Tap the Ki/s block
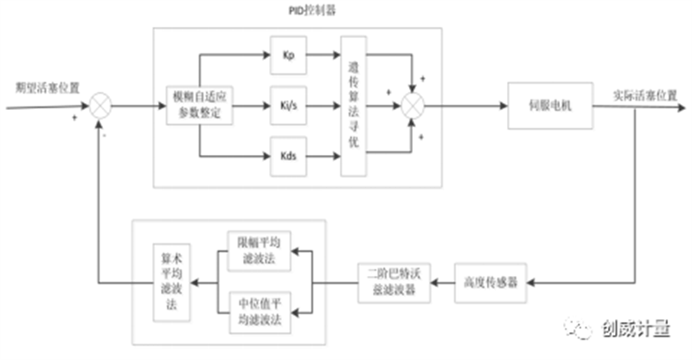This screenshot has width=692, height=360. pos(288,106)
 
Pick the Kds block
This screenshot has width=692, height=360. pos(288,157)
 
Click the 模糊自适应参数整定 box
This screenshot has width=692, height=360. pos(200,106)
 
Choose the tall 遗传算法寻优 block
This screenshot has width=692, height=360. pos(353,106)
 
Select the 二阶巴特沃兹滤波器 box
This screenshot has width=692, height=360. pos(394,283)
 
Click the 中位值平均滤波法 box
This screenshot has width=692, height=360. pos(259,310)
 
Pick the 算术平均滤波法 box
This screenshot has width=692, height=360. pos(170,282)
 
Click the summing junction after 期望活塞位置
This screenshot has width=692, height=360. pos(101,106)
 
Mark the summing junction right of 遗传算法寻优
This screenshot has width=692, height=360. pos(413,106)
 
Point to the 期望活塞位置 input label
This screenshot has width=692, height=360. pos(47,88)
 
